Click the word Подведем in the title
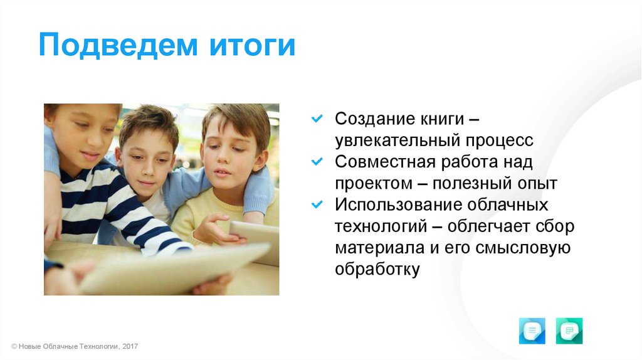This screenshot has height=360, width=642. tap(118, 45)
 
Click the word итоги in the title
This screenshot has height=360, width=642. tap(252, 45)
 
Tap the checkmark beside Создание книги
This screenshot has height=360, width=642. tap(317, 119)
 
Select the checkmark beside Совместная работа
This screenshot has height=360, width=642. tap(317, 161)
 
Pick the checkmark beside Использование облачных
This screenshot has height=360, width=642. tap(317, 204)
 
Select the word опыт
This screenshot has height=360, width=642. tap(537, 184)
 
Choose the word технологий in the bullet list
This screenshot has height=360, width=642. tap(381, 226)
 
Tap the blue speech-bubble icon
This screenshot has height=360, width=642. tap(532, 331)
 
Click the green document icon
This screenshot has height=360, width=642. tap(569, 331)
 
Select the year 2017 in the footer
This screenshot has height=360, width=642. tap(130, 346)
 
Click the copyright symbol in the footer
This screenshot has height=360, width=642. tap(14, 346)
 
